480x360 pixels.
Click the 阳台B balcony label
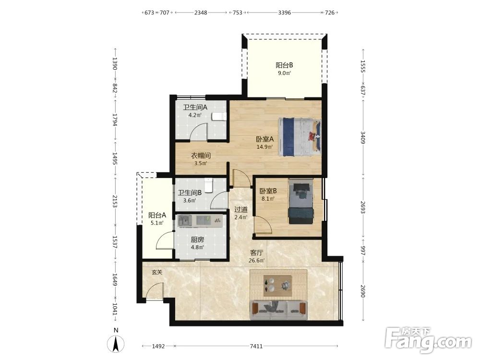click(x=284, y=65)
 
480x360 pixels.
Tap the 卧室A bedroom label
click(x=265, y=139)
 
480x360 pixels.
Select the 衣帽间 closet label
click(x=201, y=156)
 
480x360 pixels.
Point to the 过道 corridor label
click(x=241, y=210)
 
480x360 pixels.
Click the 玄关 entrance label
click(x=157, y=272)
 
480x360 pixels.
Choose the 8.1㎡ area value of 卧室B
click(x=268, y=199)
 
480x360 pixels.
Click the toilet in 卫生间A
click(x=219, y=116)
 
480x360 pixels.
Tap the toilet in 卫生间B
click(x=208, y=185)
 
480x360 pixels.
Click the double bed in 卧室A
click(x=300, y=136)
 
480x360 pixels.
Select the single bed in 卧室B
click(x=300, y=202)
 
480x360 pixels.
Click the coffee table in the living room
click(x=277, y=286)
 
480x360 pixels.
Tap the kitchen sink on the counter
click(x=185, y=220)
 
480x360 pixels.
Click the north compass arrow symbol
click(x=116, y=344)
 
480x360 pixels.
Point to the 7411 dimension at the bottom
click(x=256, y=346)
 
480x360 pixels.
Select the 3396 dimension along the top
click(x=284, y=12)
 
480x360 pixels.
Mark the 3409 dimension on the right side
click(x=363, y=137)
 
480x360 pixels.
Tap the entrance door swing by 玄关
click(x=154, y=290)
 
